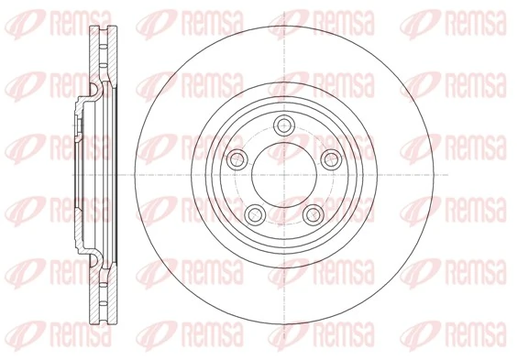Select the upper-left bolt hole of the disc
(238, 158)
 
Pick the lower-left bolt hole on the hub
(257, 214)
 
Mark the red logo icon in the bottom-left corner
(17, 341)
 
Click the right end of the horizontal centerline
(446, 174)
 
